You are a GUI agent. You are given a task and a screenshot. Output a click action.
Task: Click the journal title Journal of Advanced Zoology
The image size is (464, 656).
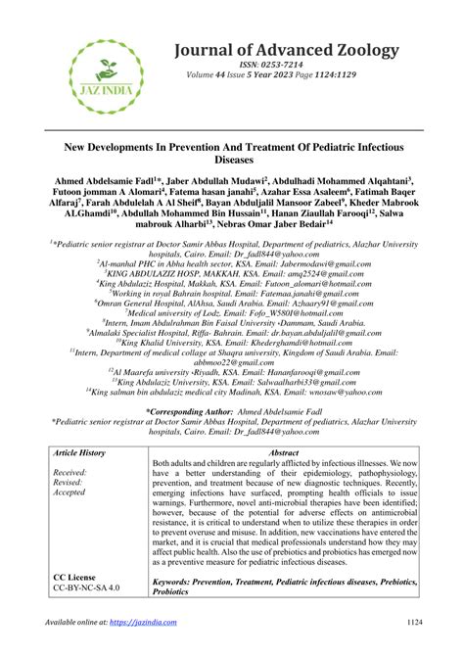pyautogui.click(x=287, y=49)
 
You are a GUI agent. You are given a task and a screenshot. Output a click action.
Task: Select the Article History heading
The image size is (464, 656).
pyautogui.click(x=79, y=453)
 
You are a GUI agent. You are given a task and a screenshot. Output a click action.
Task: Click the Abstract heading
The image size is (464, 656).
pyautogui.click(x=283, y=453)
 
